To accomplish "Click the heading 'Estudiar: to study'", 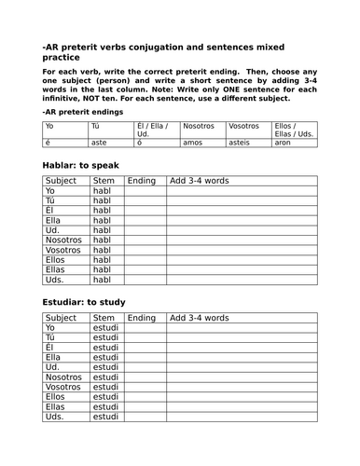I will coord(88,302).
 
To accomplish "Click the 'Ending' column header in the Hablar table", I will coord(142,181).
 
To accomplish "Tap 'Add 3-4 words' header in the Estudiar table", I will coord(199,318).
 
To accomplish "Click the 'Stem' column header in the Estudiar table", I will coord(104,318).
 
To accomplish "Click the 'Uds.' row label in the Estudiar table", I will coord(55,417).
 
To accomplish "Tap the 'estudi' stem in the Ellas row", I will coord(105,406).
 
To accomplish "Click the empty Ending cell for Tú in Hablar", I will coord(145,203).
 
